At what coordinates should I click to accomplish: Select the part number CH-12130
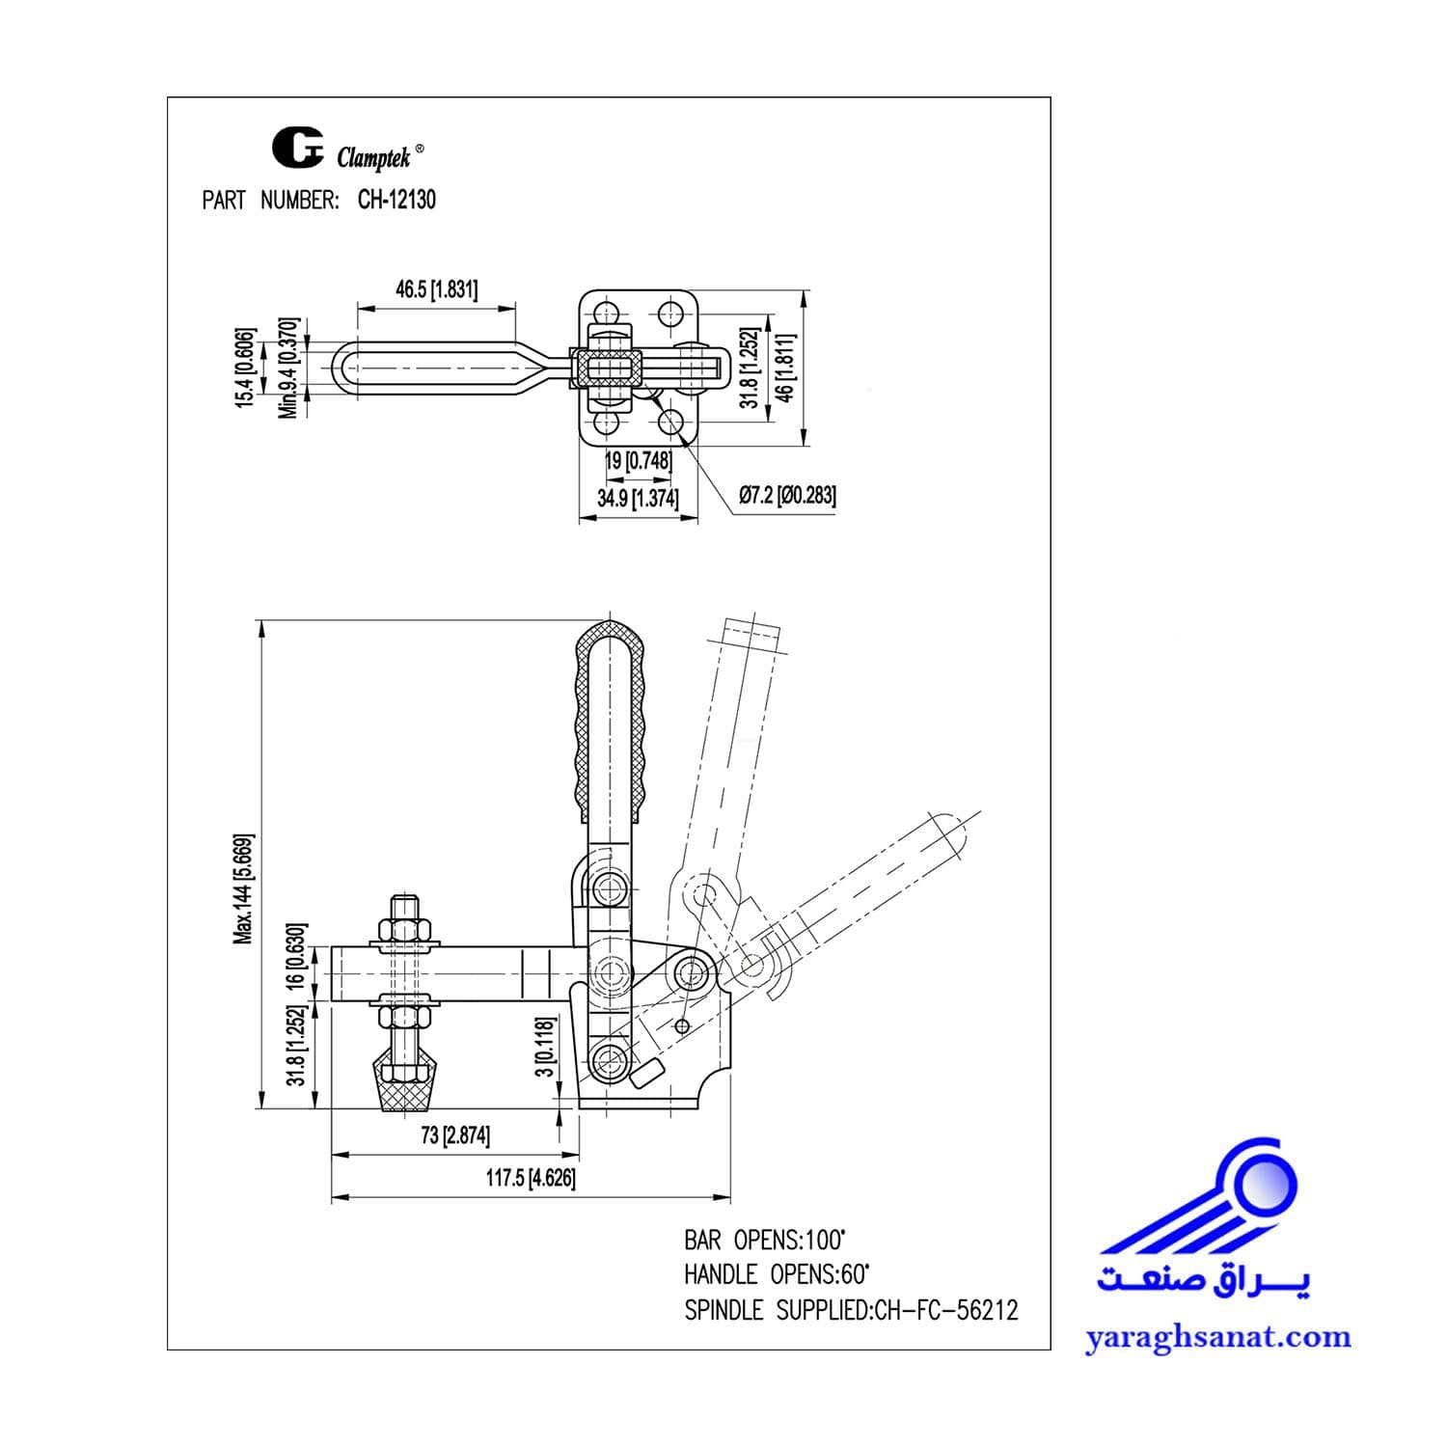(x=396, y=200)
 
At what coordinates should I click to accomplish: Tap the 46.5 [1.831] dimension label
(x=436, y=289)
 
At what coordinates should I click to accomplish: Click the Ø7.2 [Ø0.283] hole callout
(x=787, y=496)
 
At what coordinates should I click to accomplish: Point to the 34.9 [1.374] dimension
(x=638, y=499)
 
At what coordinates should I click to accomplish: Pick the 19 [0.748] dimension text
(x=638, y=461)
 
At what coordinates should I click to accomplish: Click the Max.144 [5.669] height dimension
(x=244, y=888)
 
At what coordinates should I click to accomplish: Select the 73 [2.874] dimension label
(x=455, y=1136)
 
